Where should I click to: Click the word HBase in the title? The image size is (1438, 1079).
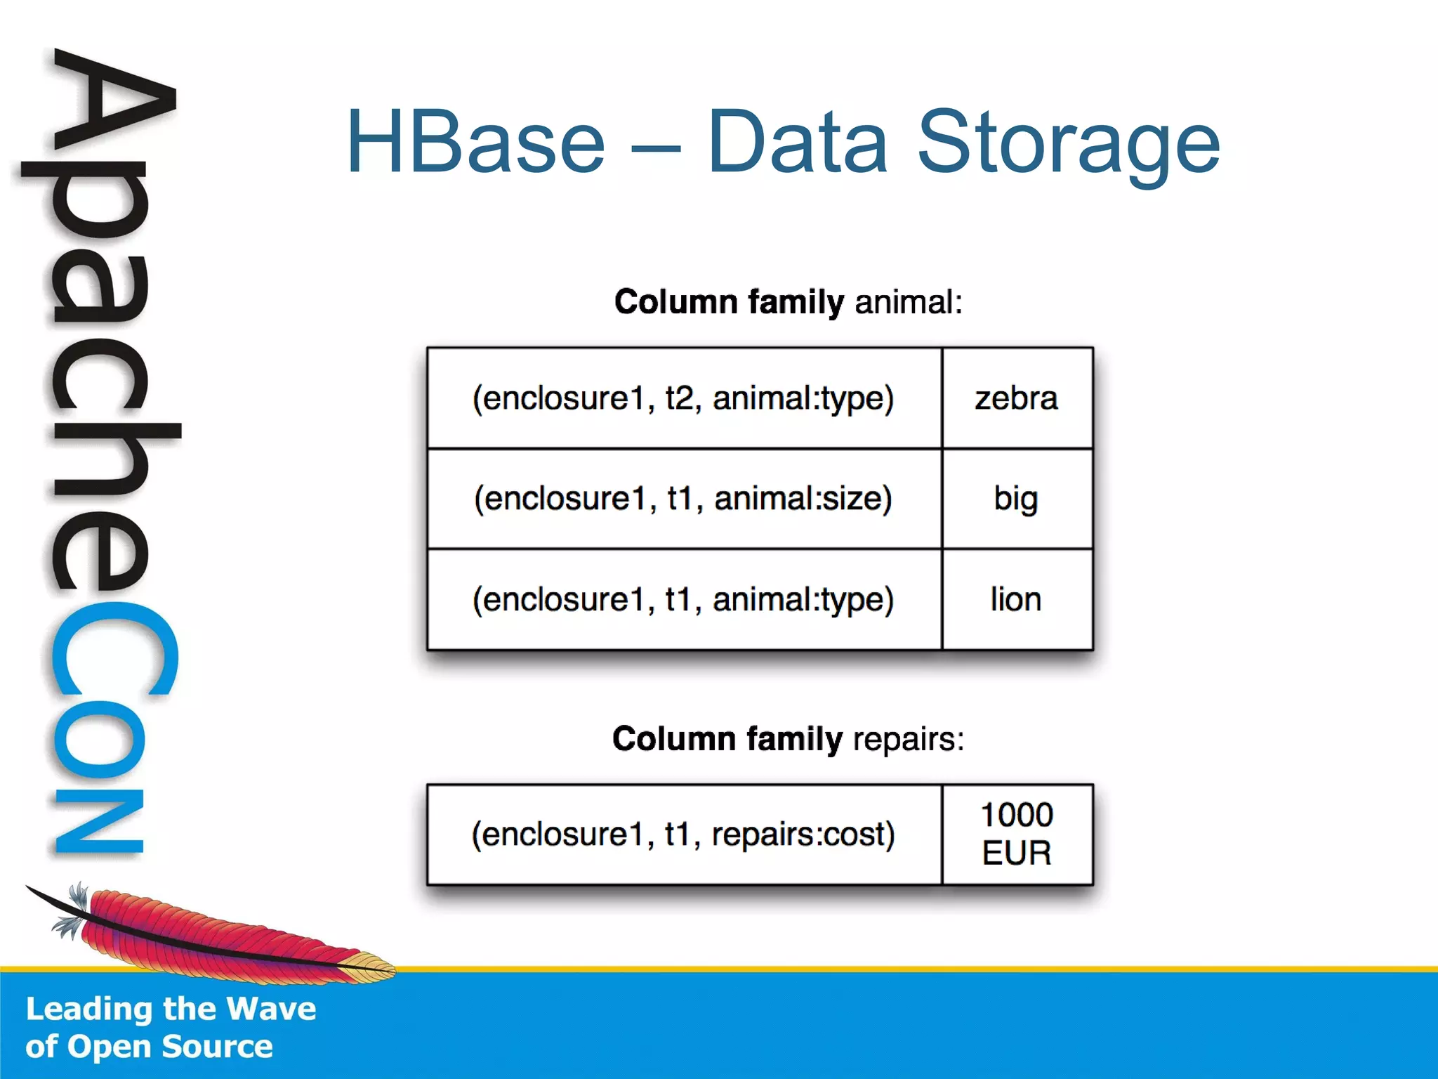point(475,143)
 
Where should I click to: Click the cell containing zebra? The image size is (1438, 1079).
point(1017,398)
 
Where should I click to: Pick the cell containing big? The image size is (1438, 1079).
point(1017,499)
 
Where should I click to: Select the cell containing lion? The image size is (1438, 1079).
point(1017,599)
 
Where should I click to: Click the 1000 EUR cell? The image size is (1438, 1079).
point(1017,834)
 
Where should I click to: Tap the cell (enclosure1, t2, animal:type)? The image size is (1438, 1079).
point(683,398)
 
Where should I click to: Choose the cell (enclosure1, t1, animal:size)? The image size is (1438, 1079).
point(683,499)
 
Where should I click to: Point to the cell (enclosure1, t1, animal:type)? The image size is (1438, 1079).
point(683,599)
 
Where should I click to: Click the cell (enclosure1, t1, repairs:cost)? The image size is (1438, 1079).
point(683,834)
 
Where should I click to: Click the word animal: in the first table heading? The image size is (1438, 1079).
point(909,302)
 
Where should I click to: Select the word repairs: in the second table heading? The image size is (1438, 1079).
point(909,739)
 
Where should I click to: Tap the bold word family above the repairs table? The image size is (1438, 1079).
point(794,739)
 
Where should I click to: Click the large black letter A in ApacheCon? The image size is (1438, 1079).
point(112,105)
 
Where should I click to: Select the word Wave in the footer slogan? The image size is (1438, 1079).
point(271,1009)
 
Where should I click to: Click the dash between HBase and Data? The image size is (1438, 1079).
point(656,149)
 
